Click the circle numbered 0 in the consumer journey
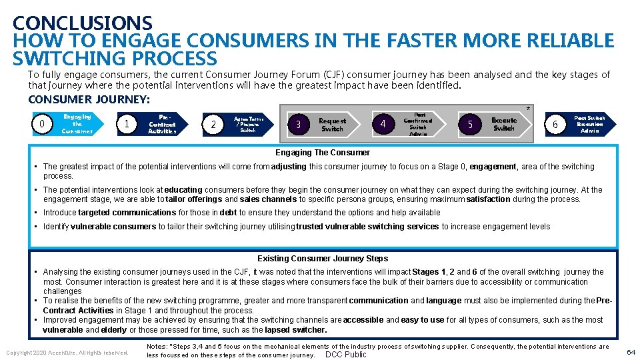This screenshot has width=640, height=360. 43,124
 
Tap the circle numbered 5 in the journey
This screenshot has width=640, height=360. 470,124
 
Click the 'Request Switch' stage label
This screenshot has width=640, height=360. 332,125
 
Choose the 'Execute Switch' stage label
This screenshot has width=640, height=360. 503,124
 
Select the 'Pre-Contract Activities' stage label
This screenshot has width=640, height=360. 162,124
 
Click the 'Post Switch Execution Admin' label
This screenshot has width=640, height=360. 589,125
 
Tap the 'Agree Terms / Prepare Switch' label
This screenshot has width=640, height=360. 247,124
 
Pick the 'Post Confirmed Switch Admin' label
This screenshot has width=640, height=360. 418,124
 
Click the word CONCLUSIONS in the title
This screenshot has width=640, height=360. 82,24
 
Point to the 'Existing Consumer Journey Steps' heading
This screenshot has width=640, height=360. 323,258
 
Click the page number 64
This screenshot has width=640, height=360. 630,351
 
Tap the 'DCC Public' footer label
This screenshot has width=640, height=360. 345,354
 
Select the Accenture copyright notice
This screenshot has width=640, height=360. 67,352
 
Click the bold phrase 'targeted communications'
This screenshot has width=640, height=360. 127,213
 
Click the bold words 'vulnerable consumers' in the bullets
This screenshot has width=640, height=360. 113,227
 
